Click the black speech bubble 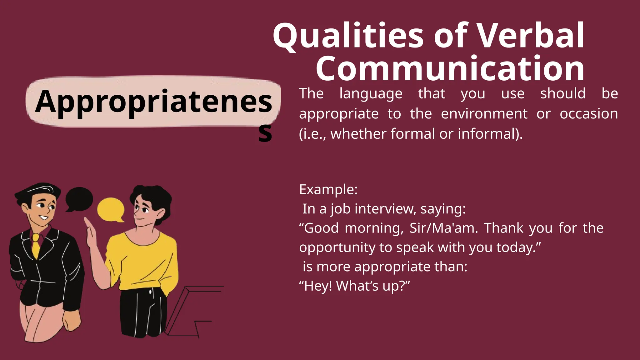click(x=79, y=198)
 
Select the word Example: click(x=328, y=189)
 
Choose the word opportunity click(x=337, y=247)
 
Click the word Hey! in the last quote click(x=316, y=286)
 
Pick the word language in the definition click(x=371, y=94)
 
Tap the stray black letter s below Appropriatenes click(x=265, y=133)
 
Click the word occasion click(x=588, y=113)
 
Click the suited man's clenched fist click(x=72, y=320)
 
